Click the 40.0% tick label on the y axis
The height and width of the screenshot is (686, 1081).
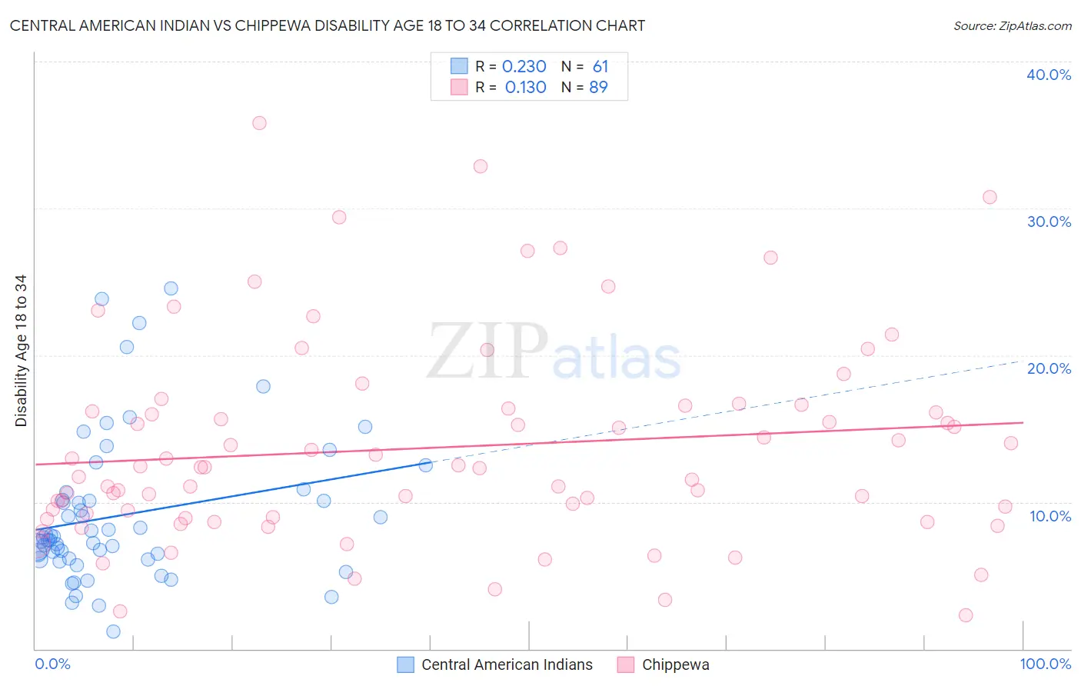[1049, 75]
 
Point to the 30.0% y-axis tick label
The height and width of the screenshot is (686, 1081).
[1049, 221]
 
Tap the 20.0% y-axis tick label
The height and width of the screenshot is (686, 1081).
[1049, 368]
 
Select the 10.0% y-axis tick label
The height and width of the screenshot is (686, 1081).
[1050, 516]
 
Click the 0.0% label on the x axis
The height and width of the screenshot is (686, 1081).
[52, 664]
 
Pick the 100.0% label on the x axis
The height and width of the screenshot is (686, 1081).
[1045, 664]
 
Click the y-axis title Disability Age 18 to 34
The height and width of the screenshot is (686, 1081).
[21, 351]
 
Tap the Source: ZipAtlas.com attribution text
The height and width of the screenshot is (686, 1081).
[1012, 25]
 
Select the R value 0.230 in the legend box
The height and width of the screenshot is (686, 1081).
[524, 67]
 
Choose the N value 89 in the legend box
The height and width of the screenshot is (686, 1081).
[598, 88]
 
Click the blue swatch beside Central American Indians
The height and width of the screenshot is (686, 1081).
[405, 664]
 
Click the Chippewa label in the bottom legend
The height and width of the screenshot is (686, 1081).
[675, 664]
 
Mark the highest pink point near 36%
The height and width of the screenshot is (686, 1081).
[259, 123]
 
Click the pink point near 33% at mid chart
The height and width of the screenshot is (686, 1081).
[481, 166]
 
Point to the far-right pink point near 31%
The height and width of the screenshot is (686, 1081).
[990, 197]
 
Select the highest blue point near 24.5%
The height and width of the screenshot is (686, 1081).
[171, 288]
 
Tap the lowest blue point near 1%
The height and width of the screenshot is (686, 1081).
[113, 631]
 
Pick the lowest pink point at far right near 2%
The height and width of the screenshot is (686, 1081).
[966, 615]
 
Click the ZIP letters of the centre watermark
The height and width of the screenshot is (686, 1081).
[487, 351]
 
